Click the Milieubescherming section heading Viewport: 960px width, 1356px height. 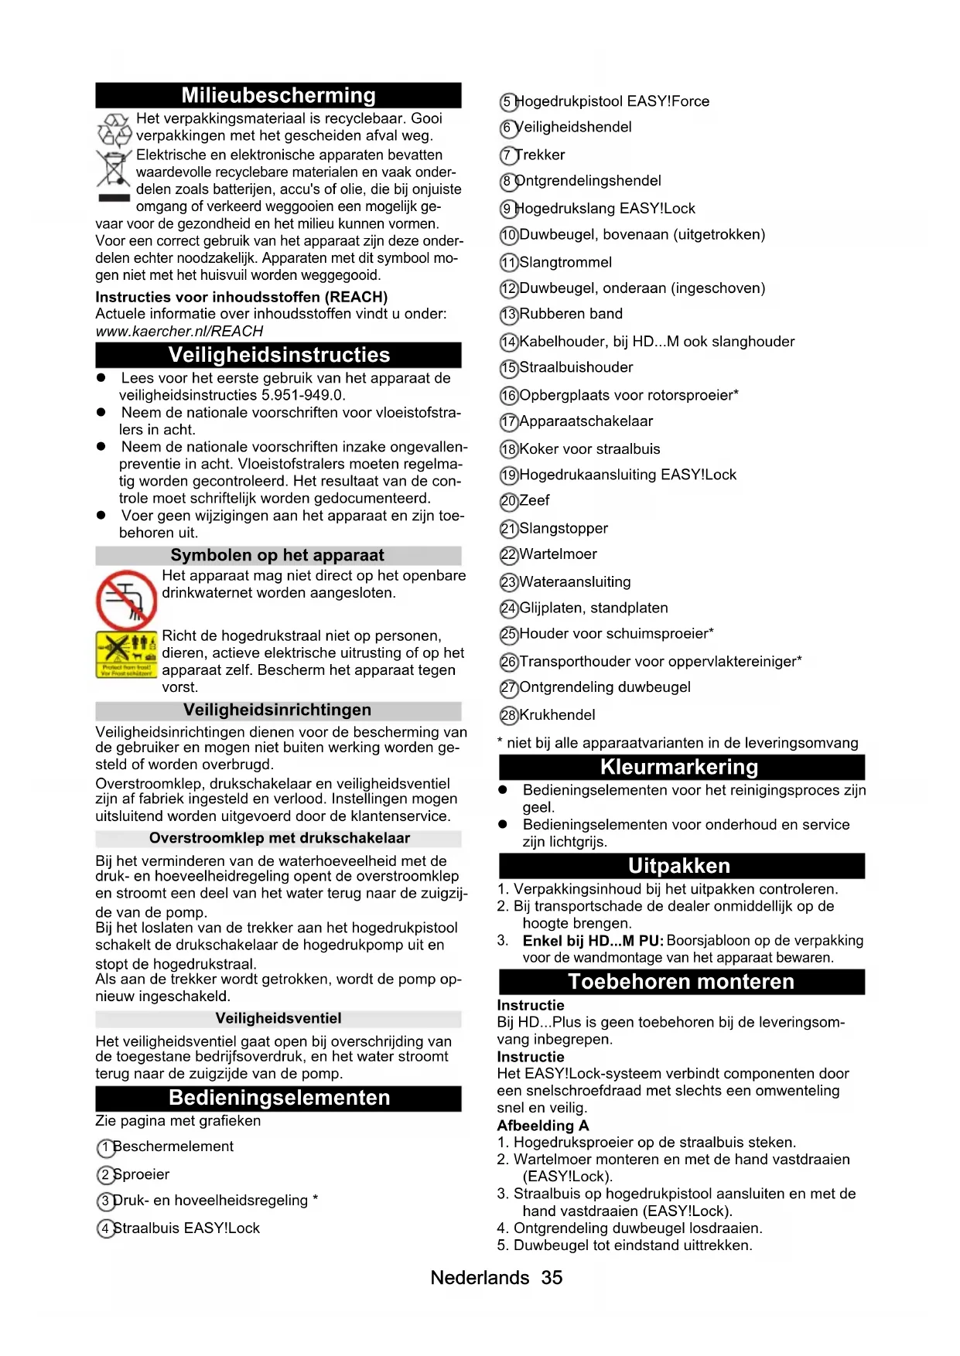pos(278,95)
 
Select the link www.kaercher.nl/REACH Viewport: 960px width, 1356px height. pos(179,332)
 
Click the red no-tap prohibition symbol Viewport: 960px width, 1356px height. pos(126,600)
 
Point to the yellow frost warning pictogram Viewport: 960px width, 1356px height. pos(125,654)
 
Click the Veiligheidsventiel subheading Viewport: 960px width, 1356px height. pos(278,1018)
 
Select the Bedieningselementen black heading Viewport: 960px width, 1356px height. pos(278,1098)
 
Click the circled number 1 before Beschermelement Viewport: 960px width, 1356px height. pos(105,1148)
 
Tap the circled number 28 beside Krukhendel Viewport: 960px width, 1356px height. pos(508,716)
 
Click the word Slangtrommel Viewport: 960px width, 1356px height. pos(565,263)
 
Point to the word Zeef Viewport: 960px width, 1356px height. pos(535,501)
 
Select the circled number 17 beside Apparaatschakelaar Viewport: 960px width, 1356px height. pos(508,422)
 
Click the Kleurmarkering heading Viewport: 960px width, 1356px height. pos(679,767)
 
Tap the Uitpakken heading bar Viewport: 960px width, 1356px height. pos(679,866)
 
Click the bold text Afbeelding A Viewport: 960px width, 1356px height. pos(543,1126)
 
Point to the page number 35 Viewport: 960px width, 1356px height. pos(552,1278)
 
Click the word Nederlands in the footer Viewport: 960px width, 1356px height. pos(480,1278)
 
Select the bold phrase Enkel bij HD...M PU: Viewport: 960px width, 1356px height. pos(593,941)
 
